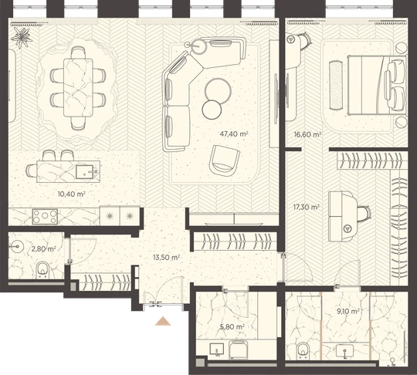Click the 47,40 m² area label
(234, 133)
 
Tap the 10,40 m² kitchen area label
(72, 194)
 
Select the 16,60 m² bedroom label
(307, 134)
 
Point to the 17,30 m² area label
(307, 207)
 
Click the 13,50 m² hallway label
(167, 257)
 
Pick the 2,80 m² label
(43, 249)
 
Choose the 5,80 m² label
(232, 326)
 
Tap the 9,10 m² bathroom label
(348, 311)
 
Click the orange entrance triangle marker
(163, 321)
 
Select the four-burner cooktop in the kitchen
(45, 217)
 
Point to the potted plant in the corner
(22, 38)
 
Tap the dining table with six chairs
(78, 87)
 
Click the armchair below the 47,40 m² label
(224, 160)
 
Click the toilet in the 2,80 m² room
(42, 269)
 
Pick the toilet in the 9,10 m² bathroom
(303, 351)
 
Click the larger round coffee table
(218, 91)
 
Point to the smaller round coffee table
(212, 110)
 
